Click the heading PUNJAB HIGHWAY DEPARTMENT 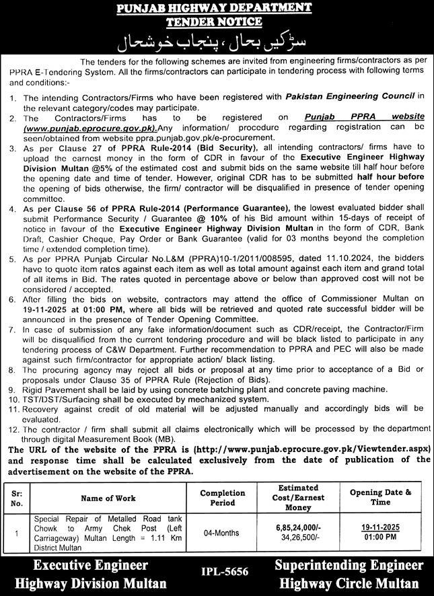(x=216, y=9)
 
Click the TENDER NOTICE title (x=216, y=22)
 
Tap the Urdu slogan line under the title (x=217, y=44)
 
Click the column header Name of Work (x=108, y=498)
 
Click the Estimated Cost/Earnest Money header (x=300, y=498)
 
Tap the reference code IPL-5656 (x=225, y=572)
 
